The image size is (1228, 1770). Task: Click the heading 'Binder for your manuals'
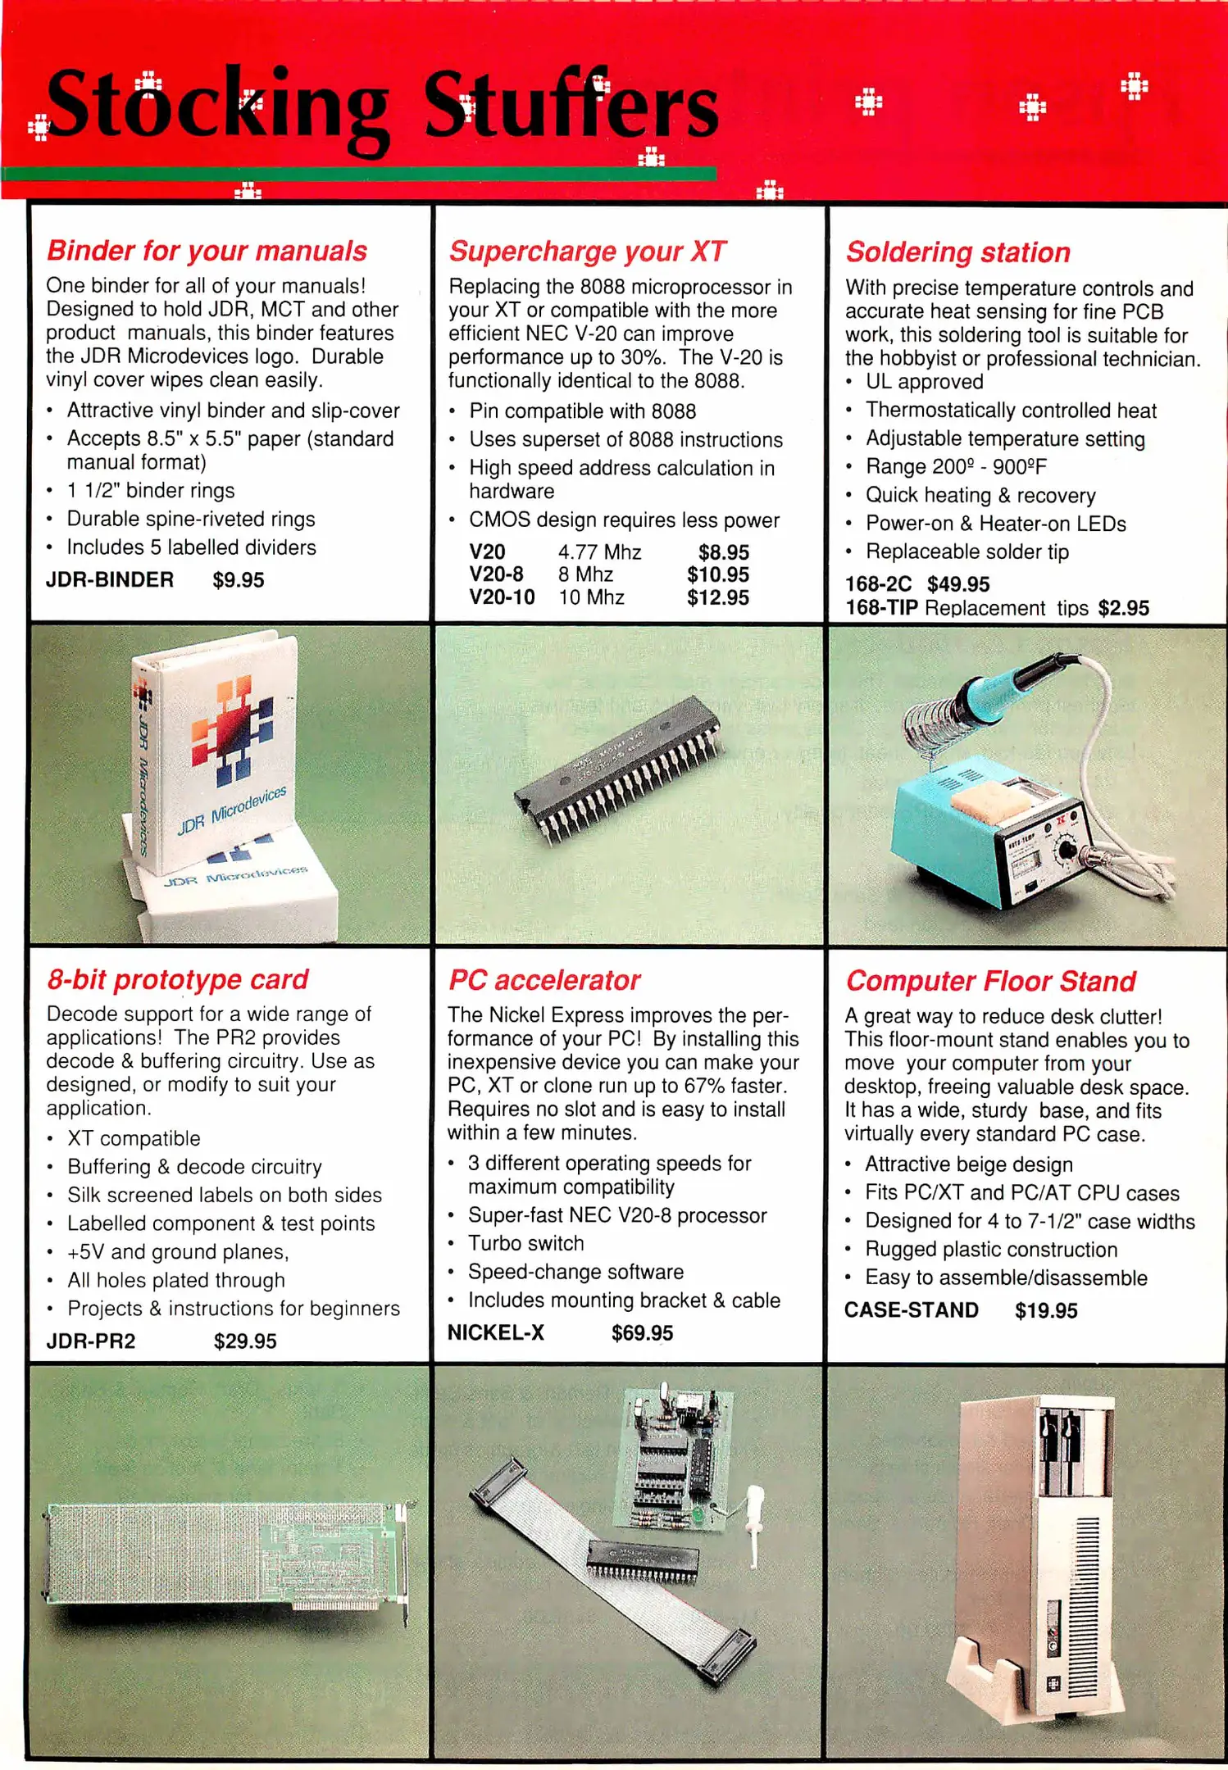pyautogui.click(x=207, y=251)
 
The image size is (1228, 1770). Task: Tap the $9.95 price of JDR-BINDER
pyautogui.click(x=239, y=580)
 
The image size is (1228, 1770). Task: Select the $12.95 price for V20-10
pyautogui.click(x=718, y=598)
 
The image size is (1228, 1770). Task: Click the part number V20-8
pyautogui.click(x=496, y=574)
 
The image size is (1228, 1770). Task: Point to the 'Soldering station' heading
pyautogui.click(x=958, y=252)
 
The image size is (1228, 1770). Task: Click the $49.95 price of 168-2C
pyautogui.click(x=958, y=584)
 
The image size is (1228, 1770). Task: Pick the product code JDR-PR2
pyautogui.click(x=91, y=1341)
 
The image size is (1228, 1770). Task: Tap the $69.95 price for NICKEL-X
pyautogui.click(x=642, y=1333)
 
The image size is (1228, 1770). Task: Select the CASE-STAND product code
pyautogui.click(x=912, y=1310)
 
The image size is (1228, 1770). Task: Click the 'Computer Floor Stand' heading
pyautogui.click(x=991, y=981)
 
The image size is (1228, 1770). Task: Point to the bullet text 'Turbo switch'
pyautogui.click(x=525, y=1243)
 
